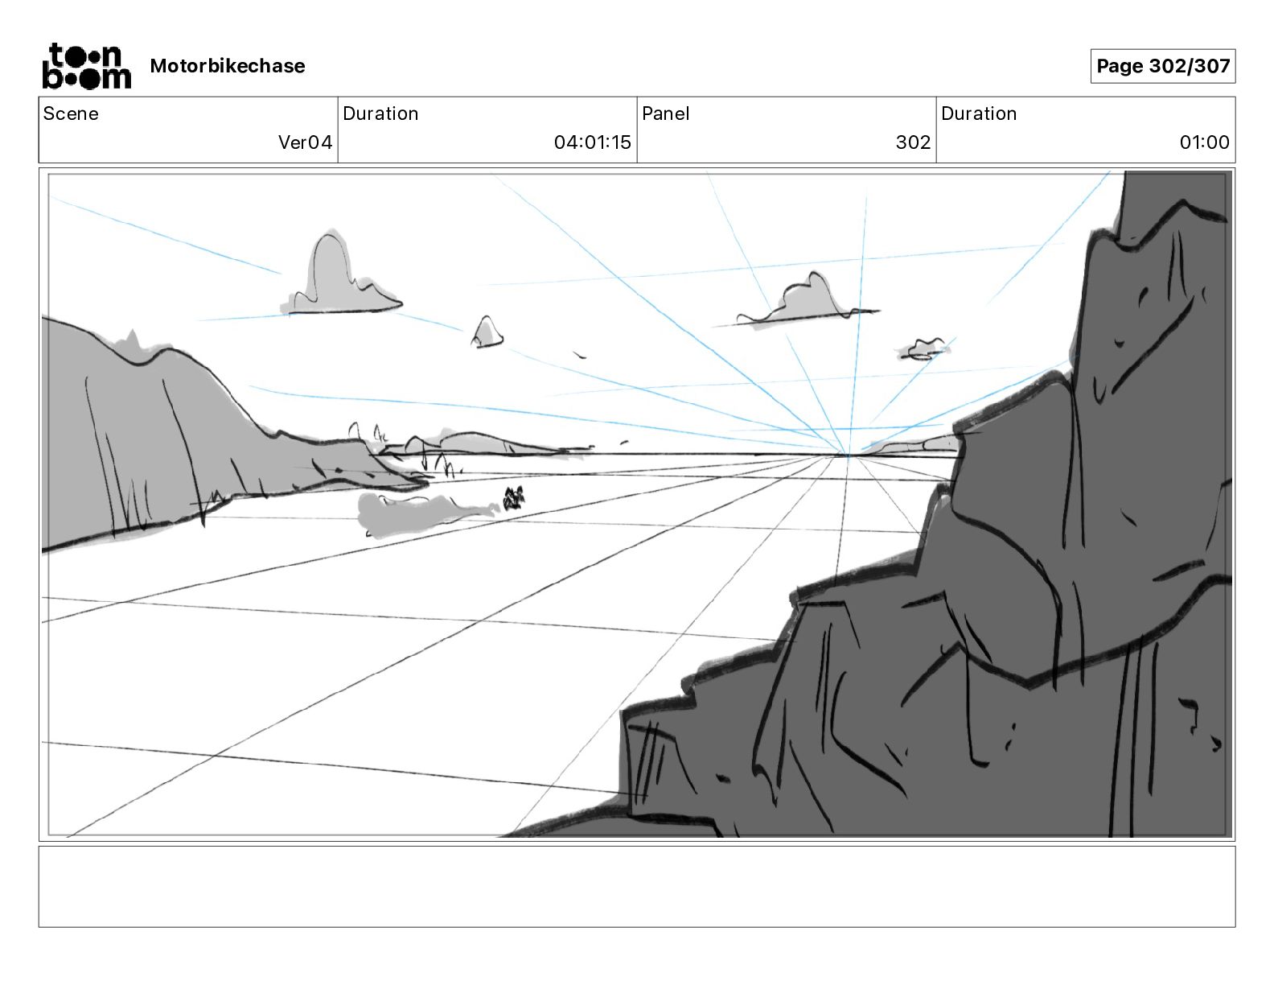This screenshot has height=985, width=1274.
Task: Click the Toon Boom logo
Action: [x=86, y=66]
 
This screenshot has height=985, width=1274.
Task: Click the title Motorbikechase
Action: [x=228, y=66]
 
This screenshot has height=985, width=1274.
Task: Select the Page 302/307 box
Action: [x=1162, y=66]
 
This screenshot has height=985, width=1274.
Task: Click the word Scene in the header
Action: [x=71, y=113]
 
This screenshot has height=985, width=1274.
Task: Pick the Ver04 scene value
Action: [x=305, y=142]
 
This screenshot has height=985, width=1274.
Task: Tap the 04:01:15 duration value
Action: [x=592, y=142]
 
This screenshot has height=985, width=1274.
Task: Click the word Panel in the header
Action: [x=665, y=113]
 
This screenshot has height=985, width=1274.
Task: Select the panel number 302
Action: [x=913, y=142]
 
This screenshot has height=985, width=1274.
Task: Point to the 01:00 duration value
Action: [x=1204, y=142]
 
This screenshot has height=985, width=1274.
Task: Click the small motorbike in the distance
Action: [x=513, y=499]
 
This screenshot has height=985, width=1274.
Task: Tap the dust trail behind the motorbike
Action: [x=418, y=512]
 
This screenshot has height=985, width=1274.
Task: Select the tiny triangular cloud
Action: [x=487, y=333]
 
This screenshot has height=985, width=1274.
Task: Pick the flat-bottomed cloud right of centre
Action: [x=804, y=302]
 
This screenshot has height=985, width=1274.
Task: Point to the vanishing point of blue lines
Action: [x=848, y=455]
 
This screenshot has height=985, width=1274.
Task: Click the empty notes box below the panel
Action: [x=636, y=886]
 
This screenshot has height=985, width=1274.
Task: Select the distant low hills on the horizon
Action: [x=483, y=443]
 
